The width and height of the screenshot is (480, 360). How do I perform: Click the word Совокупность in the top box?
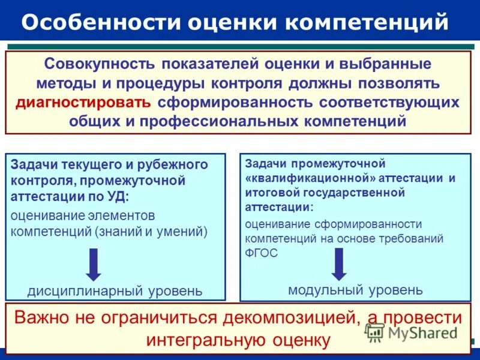(100, 63)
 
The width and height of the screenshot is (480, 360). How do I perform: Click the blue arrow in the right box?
(339, 263)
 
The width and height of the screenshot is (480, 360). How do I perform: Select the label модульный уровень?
(355, 290)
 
